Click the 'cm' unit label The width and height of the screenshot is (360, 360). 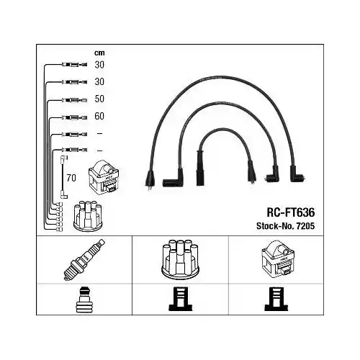[99, 53]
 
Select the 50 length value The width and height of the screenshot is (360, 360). [99, 99]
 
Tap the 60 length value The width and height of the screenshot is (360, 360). [99, 116]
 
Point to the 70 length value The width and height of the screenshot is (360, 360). [71, 178]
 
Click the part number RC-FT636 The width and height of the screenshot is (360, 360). [291, 212]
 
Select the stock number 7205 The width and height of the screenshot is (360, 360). [305, 226]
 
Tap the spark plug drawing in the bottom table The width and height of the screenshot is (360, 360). [84, 259]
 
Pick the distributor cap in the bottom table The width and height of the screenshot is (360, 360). [181, 259]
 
